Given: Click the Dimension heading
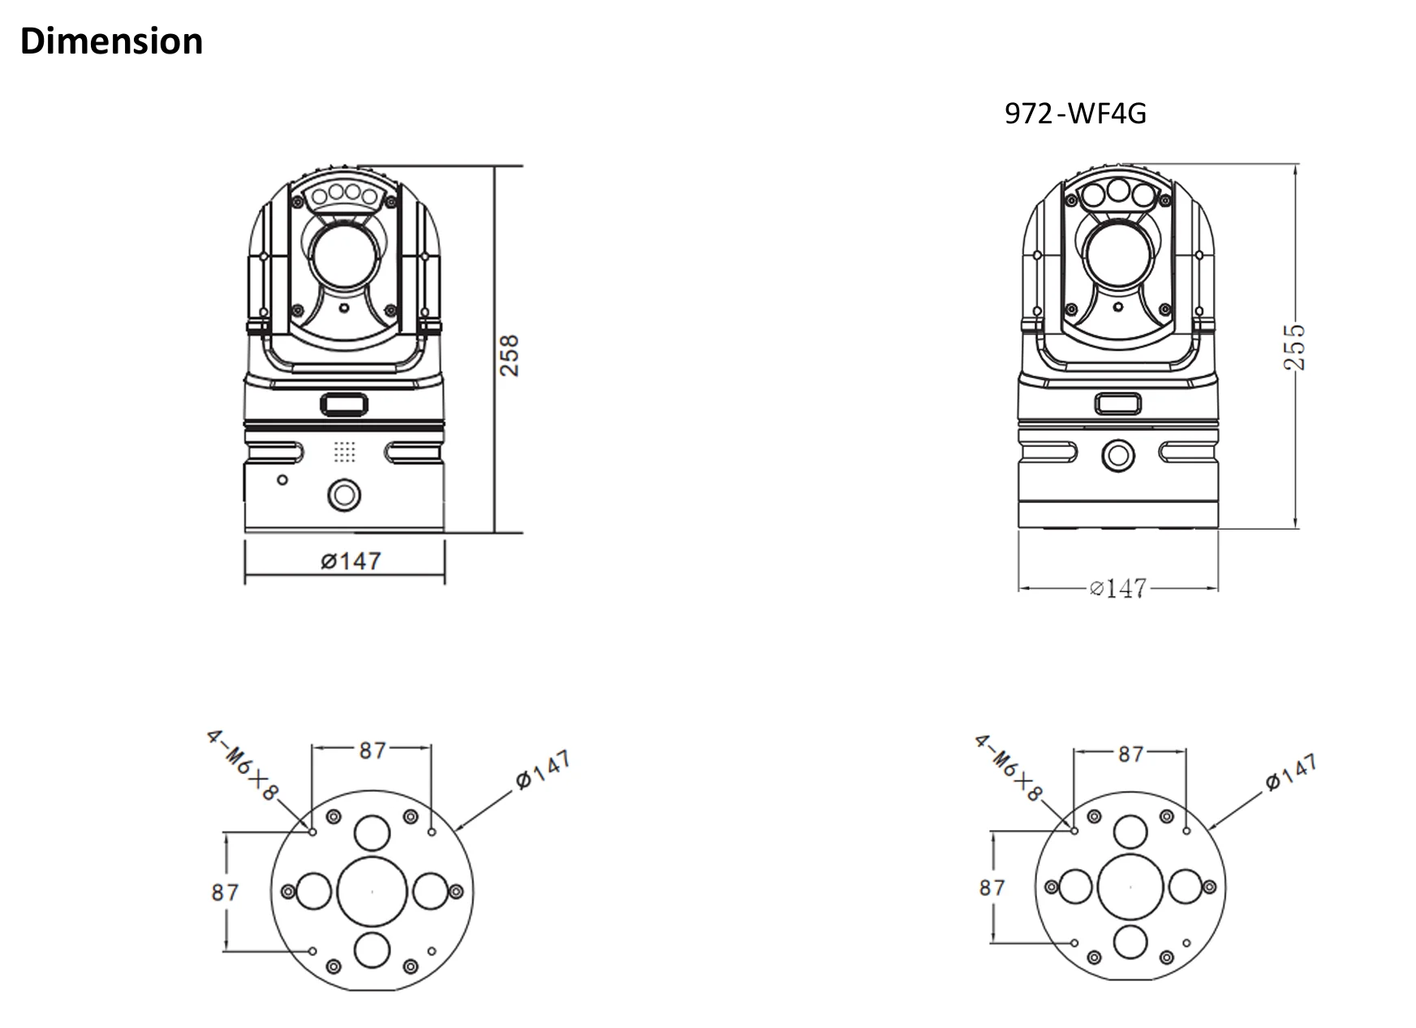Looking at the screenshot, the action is [111, 41].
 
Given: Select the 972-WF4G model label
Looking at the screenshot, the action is [1075, 114].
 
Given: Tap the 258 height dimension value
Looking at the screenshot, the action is [509, 355].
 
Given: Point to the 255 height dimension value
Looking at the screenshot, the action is [1294, 347].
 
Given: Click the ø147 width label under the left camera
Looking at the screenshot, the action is [351, 561].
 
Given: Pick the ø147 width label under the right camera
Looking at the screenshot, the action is [1118, 587].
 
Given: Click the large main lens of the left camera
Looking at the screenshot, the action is [344, 256].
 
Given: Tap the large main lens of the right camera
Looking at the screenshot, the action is [1119, 253].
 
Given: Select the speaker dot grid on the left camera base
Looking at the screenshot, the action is [345, 452].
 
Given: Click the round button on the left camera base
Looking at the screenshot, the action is [344, 495].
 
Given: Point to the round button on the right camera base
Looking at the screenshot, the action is [1117, 455].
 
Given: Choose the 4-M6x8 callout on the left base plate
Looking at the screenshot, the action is [242, 764].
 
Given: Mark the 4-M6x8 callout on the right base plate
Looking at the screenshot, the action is [1009, 768].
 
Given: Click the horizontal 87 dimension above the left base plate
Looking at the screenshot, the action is [372, 750].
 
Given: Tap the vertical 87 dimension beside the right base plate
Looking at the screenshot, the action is [992, 888].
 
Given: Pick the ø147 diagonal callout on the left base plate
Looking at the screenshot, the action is [543, 769].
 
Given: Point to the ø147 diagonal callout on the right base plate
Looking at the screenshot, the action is [1290, 772].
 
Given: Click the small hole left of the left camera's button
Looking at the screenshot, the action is [282, 480].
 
